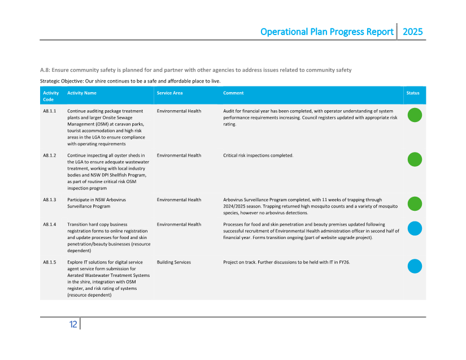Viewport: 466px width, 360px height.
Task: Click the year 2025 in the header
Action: point(412,32)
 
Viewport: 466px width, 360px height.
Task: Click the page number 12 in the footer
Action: point(73,324)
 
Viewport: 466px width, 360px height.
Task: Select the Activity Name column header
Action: point(82,93)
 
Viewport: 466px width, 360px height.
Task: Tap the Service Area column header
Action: point(169,93)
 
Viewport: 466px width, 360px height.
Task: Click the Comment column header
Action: point(233,93)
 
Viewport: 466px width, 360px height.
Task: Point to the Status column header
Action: point(413,93)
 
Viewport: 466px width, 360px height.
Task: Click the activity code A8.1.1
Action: point(50,111)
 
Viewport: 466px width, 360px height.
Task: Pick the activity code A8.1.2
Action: point(50,155)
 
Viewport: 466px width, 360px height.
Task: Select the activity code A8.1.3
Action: point(50,199)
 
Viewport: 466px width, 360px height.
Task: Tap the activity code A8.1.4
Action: point(50,224)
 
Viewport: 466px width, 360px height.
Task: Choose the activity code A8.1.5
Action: point(50,262)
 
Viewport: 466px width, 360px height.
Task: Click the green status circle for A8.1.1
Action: point(415,115)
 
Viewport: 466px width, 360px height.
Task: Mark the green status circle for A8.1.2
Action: point(415,159)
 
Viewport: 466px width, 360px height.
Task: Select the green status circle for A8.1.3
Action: point(415,203)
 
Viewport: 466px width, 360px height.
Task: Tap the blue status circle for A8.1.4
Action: point(415,228)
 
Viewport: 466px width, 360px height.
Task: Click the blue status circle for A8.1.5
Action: point(415,266)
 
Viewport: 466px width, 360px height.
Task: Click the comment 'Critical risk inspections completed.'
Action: point(258,155)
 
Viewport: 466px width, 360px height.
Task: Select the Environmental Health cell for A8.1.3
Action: point(179,199)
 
